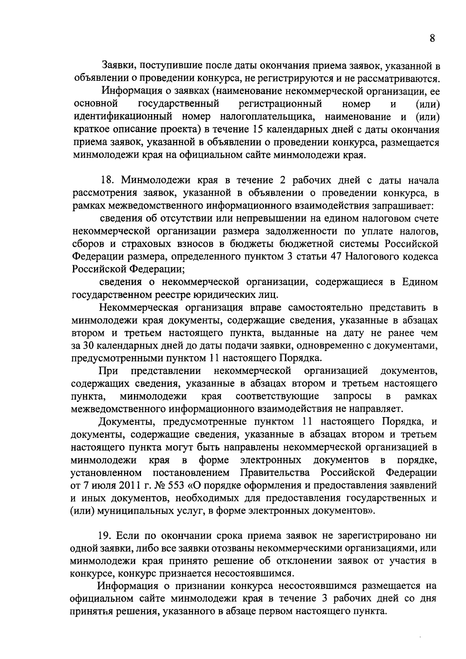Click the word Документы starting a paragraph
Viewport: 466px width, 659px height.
click(123, 421)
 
